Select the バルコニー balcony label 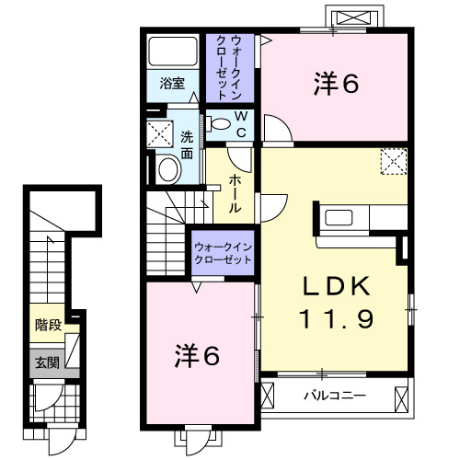pyautogui.click(x=336, y=396)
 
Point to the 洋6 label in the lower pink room pyautogui.click(x=198, y=355)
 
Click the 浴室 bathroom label pyautogui.click(x=172, y=84)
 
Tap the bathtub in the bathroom pyautogui.click(x=172, y=52)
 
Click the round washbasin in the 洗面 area pyautogui.click(x=168, y=167)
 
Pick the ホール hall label pyautogui.click(x=236, y=194)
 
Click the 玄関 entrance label pyautogui.click(x=47, y=362)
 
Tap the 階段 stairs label pyautogui.click(x=47, y=325)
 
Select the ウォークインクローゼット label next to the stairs pyautogui.click(x=223, y=254)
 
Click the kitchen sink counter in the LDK pyautogui.click(x=345, y=217)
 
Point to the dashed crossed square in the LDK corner pyautogui.click(x=394, y=162)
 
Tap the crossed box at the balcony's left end pyautogui.click(x=268, y=397)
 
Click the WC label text pyautogui.click(x=239, y=123)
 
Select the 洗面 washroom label pyautogui.click(x=187, y=147)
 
